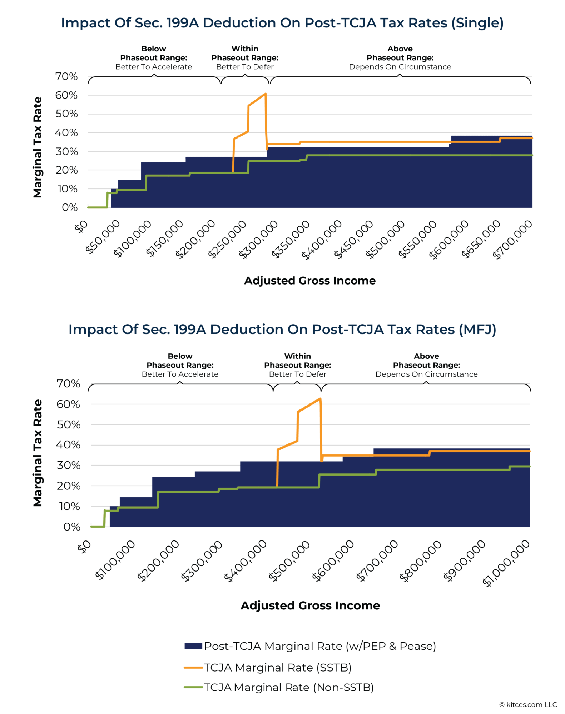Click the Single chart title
282,23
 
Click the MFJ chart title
282,329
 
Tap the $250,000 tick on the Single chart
228,239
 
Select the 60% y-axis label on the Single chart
66,95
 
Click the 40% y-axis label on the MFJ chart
68,445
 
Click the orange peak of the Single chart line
265,94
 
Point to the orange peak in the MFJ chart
320,399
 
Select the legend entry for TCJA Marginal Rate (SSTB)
277,667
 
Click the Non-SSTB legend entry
288,687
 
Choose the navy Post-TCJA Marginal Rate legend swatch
193,646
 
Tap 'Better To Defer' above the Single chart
245,67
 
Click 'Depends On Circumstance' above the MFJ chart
426,374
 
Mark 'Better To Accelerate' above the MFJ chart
180,374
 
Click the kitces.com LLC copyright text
528,704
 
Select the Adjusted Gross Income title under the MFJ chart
310,605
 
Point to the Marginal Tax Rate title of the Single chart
38,147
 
